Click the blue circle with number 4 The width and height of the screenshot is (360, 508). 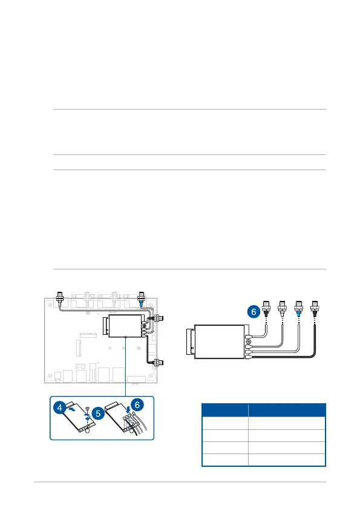[x=59, y=407]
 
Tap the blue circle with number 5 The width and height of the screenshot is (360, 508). [x=98, y=414]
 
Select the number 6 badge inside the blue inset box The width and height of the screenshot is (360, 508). [x=137, y=404]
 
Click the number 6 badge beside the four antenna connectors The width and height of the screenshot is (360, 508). [x=254, y=312]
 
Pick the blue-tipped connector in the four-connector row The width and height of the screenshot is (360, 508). [x=298, y=308]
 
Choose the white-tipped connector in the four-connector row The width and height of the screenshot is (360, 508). [x=283, y=308]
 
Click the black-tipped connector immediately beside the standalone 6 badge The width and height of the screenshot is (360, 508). [x=266, y=308]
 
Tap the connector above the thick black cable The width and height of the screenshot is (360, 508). [x=314, y=308]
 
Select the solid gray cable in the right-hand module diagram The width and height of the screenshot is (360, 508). [x=281, y=343]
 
